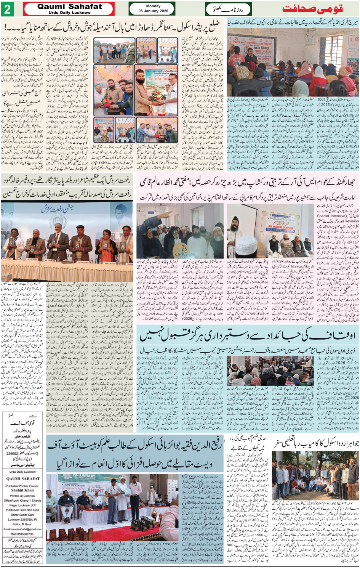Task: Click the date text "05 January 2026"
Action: pyautogui.click(x=153, y=11)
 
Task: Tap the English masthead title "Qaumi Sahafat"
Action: pyautogui.click(x=70, y=6)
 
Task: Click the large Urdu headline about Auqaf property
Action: pyautogui.click(x=248, y=335)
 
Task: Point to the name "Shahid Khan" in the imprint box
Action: pyautogui.click(x=23, y=490)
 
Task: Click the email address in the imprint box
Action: pyautogui.click(x=22, y=529)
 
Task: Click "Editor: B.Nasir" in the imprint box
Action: pyautogui.click(x=22, y=524)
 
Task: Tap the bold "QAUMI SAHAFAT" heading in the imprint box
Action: pyautogui.click(x=23, y=479)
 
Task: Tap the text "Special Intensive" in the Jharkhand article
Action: pyautogui.click(x=331, y=216)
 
